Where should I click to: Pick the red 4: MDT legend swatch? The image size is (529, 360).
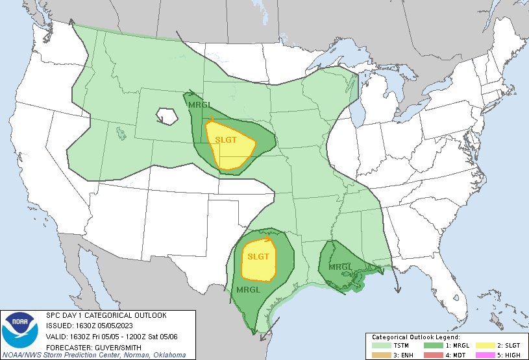click(434, 354)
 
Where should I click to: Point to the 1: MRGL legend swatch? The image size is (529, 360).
click(434, 345)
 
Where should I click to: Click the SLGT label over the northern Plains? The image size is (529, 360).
click(227, 141)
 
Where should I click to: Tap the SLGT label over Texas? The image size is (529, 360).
click(258, 256)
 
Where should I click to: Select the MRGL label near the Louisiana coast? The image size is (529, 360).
click(341, 267)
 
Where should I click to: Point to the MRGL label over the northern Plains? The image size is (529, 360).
click(198, 105)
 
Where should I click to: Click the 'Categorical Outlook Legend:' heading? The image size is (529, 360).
click(415, 337)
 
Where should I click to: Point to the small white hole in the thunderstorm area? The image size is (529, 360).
click(167, 116)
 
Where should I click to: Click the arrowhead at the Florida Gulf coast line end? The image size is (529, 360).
click(397, 289)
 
